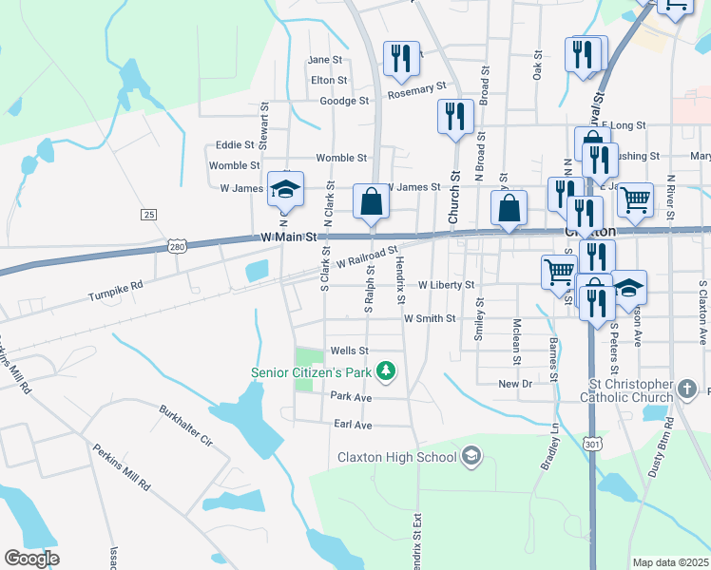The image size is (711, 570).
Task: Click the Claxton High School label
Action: point(397,457)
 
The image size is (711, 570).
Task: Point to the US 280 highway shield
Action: point(177,245)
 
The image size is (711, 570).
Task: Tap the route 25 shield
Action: point(148,215)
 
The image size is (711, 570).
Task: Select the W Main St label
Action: point(289,237)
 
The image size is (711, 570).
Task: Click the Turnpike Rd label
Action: point(116,284)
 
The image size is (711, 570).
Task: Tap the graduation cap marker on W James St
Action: point(284,190)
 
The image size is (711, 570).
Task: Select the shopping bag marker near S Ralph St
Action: point(371,202)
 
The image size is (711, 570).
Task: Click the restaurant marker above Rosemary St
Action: point(401,59)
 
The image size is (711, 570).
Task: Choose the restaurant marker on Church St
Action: point(455,116)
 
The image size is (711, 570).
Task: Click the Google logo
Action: point(31,559)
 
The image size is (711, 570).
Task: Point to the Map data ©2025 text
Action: point(671,562)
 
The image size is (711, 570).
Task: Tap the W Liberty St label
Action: point(446,285)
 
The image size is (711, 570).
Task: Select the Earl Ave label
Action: point(351,425)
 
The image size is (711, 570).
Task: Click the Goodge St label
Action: point(344,101)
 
